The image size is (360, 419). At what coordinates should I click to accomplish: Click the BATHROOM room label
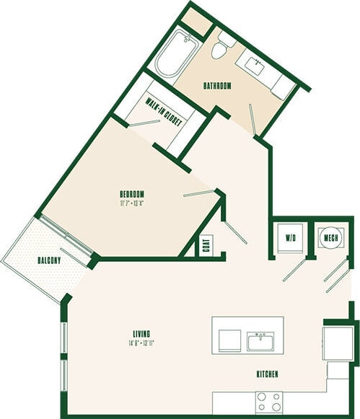(x=216, y=86)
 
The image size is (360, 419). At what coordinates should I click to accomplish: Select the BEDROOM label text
(x=132, y=193)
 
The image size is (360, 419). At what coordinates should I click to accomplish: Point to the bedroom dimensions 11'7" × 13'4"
(x=132, y=203)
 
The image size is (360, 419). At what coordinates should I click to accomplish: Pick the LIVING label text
(x=141, y=332)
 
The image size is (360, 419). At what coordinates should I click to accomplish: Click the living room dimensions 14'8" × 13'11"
(x=141, y=342)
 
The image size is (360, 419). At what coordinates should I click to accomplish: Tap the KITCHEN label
(x=267, y=375)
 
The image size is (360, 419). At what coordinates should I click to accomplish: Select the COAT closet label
(x=206, y=244)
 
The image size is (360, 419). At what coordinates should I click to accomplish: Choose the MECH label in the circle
(x=332, y=237)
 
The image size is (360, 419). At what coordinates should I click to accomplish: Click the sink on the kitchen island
(x=260, y=340)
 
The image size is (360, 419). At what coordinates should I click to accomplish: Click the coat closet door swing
(x=235, y=232)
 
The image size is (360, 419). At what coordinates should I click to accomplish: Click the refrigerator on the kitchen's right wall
(x=336, y=342)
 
